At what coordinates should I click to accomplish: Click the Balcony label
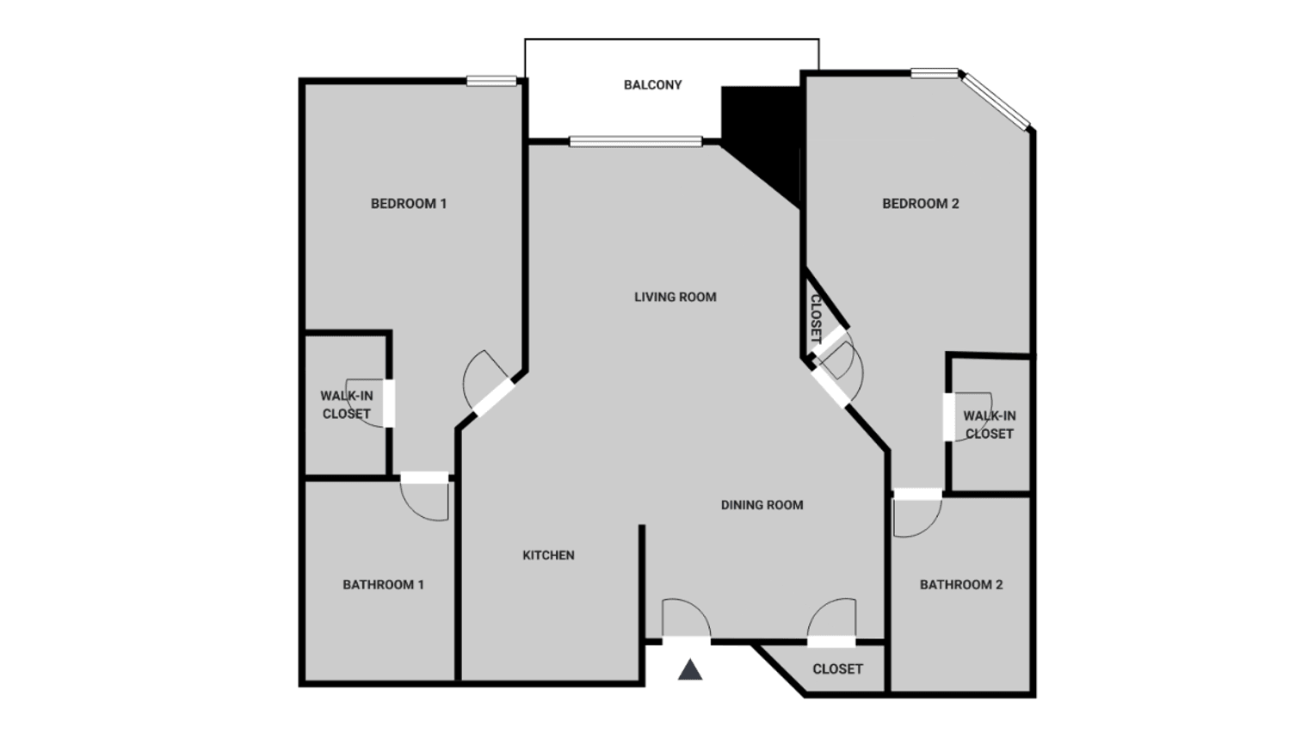pos(652,84)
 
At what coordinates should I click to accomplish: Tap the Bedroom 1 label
pos(408,204)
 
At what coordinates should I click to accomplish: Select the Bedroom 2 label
pos(920,204)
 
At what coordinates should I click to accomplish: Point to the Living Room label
pos(675,297)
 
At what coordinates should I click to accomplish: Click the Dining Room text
pos(762,505)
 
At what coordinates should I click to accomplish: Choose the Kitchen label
pos(548,555)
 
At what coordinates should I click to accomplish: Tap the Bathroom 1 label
pos(383,585)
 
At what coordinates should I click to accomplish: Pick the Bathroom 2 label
pos(961,585)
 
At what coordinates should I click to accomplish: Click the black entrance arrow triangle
pos(690,669)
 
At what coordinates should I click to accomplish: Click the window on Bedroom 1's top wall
pos(492,82)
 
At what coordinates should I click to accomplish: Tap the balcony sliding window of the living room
pos(635,142)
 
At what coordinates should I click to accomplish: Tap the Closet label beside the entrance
pos(837,668)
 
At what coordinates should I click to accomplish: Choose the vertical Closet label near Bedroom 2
pos(815,318)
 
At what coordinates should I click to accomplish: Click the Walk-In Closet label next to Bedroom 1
pos(346,404)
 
